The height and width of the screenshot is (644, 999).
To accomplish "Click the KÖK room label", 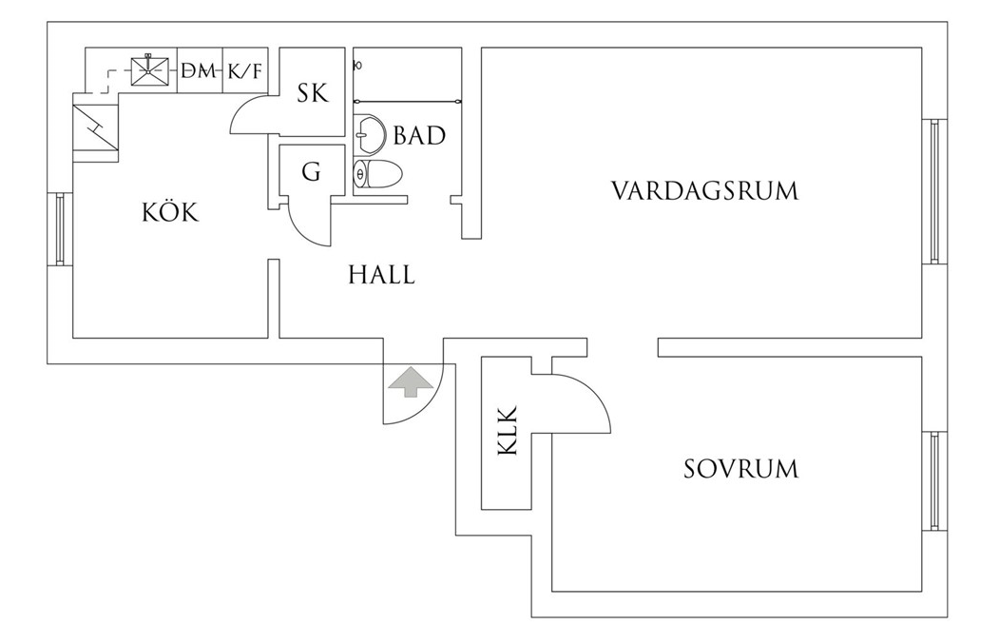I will coord(170,212).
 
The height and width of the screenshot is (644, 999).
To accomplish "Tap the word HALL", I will coord(381,276).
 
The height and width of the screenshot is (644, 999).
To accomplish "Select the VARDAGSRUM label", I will coord(704,190).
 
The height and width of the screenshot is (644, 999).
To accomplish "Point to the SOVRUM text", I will coord(740,469).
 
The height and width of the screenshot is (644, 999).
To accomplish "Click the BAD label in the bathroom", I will coord(419,136).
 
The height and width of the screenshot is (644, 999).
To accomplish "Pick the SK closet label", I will coord(312,93).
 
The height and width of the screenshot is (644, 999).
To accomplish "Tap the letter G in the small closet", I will coord(310,172).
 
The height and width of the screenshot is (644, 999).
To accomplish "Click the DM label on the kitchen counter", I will coord(199,71).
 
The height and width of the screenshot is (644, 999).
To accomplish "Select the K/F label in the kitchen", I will coord(244,71).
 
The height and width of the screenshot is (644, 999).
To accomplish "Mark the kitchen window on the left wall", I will coord(60,229).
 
